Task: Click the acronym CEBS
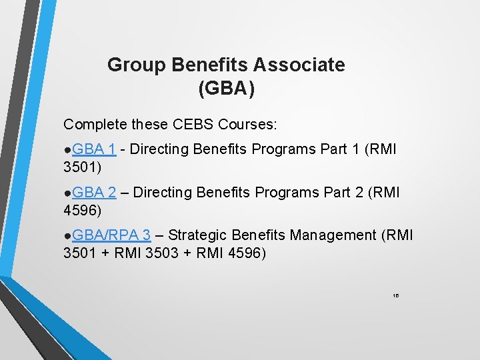(190, 124)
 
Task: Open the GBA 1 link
(94, 149)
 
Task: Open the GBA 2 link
(94, 192)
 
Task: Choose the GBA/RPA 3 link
(111, 235)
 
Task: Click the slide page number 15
(395, 295)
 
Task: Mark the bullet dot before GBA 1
(67, 151)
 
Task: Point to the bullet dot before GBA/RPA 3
(67, 236)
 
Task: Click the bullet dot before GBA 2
(67, 193)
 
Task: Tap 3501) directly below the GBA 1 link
(80, 167)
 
